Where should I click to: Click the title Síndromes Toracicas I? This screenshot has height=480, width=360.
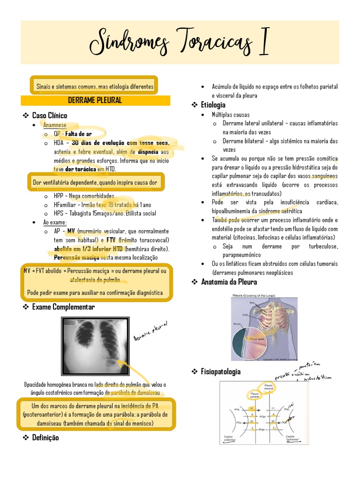click(180, 42)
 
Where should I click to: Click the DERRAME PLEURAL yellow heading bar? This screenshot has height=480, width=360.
click(95, 100)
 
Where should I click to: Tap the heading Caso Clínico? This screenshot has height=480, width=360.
click(49, 115)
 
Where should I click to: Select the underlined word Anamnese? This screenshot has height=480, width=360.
click(55, 125)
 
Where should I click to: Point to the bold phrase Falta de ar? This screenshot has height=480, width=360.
click(79, 134)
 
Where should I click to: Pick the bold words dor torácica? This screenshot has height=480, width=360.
click(81, 169)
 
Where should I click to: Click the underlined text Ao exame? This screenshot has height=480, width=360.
click(55, 222)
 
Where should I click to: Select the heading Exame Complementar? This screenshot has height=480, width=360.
click(63, 307)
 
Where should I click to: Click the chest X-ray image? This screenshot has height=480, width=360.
click(95, 346)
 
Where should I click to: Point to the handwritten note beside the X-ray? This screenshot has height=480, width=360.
click(150, 331)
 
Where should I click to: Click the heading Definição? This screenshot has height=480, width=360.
click(45, 438)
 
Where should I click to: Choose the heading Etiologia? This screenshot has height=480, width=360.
click(213, 105)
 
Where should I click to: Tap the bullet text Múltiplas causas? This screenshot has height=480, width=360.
click(231, 114)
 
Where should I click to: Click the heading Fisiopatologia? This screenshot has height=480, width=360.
click(221, 372)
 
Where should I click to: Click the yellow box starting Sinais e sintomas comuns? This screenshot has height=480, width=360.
click(95, 87)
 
